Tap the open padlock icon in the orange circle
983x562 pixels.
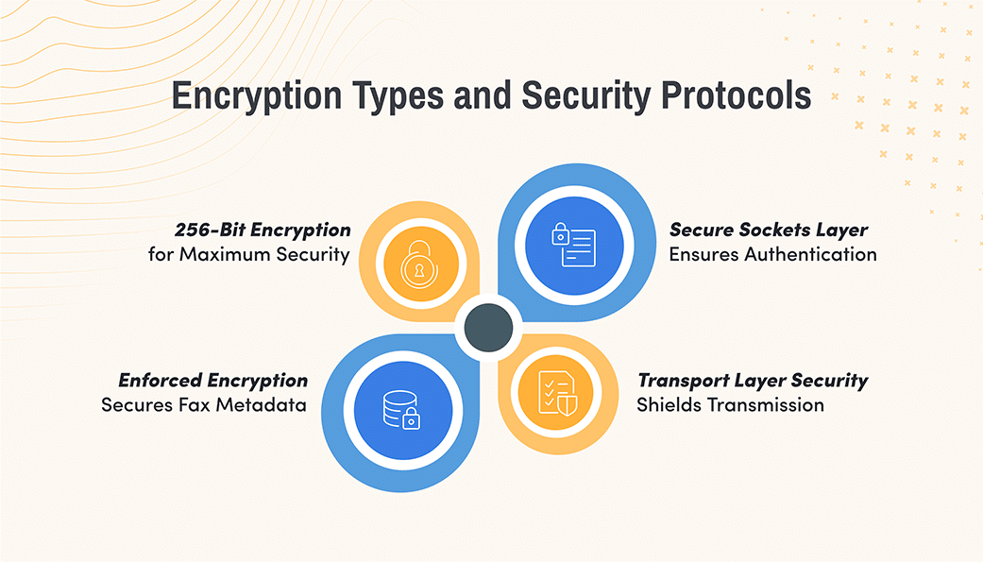(x=419, y=263)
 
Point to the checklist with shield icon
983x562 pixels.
(x=552, y=392)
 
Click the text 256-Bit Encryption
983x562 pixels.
(x=263, y=230)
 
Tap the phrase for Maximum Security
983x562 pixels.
(x=249, y=253)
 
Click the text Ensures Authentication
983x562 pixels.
(x=773, y=253)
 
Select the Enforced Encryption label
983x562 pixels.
(x=213, y=381)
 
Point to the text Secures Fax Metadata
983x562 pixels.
(x=204, y=404)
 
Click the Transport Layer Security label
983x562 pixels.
(x=753, y=381)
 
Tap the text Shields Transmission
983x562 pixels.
(x=730, y=404)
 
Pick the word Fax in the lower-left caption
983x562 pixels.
(x=196, y=404)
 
